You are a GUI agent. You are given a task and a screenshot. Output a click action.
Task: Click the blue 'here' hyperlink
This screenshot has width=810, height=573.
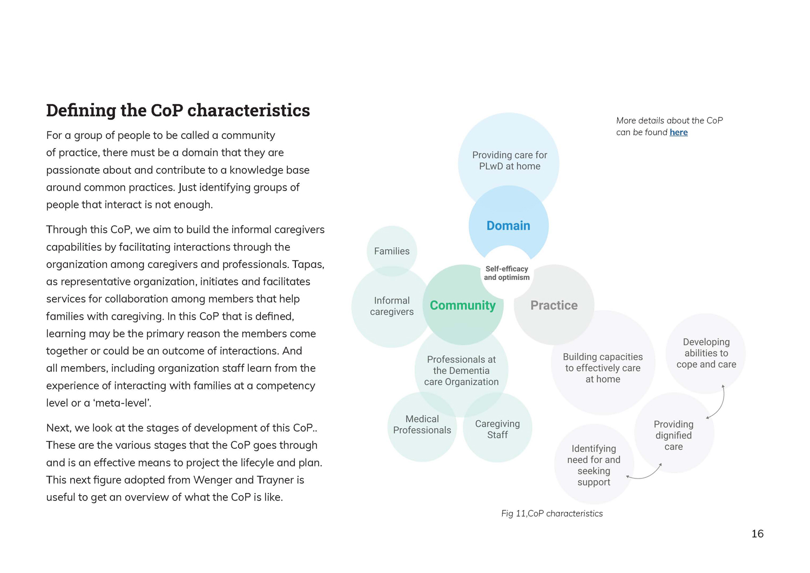coord(678,132)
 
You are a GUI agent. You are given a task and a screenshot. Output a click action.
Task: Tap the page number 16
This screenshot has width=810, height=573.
coord(757,534)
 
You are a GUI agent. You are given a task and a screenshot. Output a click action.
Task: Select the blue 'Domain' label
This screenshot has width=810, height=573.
coord(508,226)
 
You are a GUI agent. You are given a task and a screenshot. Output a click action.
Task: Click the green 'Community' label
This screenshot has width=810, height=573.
coord(462,306)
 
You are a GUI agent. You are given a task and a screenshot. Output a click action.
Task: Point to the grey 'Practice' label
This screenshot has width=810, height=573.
coord(553,306)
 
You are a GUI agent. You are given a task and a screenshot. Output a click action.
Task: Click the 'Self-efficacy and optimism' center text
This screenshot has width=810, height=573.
coord(507,273)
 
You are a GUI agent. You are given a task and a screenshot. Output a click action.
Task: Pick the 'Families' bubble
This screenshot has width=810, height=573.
coord(391,251)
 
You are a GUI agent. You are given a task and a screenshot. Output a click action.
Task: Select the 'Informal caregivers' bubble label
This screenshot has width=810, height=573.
coord(391,306)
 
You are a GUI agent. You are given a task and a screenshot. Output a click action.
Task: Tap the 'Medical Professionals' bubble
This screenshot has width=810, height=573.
coord(422,425)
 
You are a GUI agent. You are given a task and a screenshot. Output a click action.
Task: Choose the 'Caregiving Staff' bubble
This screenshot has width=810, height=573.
coord(497,429)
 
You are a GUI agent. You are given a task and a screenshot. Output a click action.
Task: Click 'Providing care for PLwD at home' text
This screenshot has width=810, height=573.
coord(509,161)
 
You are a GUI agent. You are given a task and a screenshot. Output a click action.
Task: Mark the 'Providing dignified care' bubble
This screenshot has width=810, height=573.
coord(673,435)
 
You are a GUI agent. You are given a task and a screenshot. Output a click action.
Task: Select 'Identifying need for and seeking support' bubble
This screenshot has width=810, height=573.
coord(593,466)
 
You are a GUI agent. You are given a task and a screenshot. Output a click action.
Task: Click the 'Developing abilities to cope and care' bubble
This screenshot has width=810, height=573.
coord(706,353)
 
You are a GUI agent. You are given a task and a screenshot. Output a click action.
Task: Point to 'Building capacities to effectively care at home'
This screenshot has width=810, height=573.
coord(603,368)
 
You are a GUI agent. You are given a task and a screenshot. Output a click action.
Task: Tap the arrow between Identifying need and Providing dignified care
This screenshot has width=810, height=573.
coord(646,474)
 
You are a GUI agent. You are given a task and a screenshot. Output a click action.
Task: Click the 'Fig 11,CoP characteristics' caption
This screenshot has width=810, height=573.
coord(551,514)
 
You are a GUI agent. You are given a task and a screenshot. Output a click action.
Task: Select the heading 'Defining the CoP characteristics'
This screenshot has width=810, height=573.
coord(178,110)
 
